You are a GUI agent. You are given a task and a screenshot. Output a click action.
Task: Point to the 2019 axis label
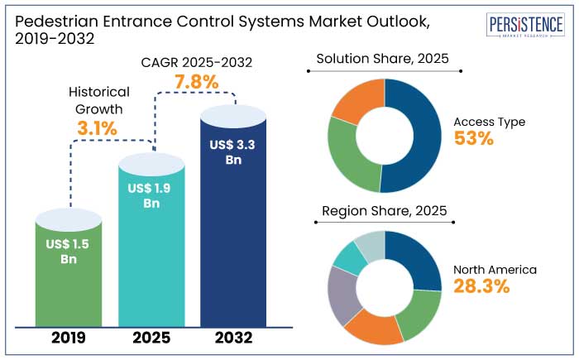(x=69, y=338)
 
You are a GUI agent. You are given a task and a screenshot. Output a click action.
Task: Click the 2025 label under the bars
(x=152, y=338)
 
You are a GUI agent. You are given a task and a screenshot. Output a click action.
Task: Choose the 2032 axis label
(x=233, y=338)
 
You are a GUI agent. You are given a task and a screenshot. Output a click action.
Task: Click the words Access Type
(x=490, y=122)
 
